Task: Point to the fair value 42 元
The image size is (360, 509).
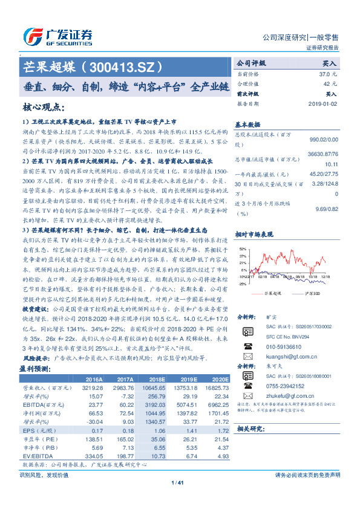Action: (326, 83)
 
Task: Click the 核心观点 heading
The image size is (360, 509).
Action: (43, 108)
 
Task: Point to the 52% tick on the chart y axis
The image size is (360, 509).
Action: (242, 249)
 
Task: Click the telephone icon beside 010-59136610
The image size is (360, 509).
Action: (247, 348)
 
